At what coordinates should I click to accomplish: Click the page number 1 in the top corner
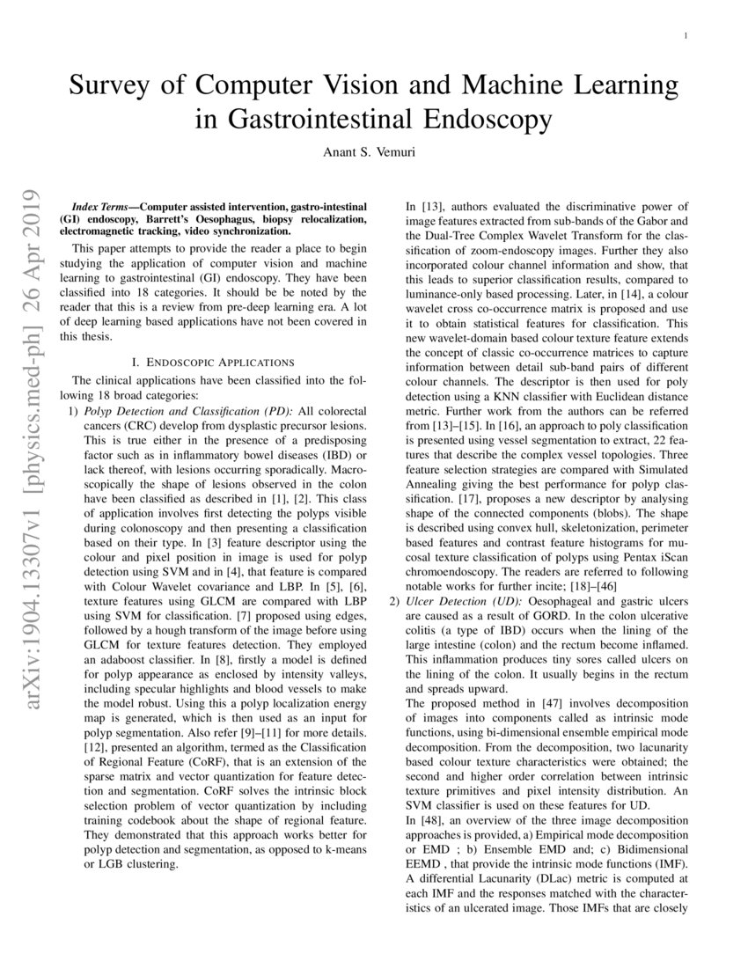click(x=686, y=35)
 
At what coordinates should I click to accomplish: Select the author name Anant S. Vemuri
click(x=374, y=151)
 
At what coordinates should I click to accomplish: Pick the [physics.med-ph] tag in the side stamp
click(x=24, y=361)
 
